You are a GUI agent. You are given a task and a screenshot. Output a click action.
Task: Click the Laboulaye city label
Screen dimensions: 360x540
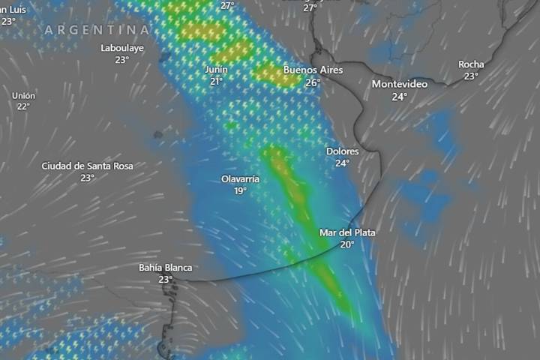[122, 48]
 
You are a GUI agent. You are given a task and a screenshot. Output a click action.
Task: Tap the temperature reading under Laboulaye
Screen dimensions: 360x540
[122, 60]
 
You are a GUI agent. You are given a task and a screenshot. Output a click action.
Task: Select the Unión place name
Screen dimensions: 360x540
[23, 95]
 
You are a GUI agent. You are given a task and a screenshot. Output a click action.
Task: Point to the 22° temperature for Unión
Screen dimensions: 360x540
[23, 106]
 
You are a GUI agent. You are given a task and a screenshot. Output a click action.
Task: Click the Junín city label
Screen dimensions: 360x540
[216, 70]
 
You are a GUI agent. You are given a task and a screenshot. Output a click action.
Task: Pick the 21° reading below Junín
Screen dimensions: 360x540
[216, 82]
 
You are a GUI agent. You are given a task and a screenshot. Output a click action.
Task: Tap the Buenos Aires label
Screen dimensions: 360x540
[313, 70]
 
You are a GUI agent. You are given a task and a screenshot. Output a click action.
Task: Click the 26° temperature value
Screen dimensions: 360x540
[313, 82]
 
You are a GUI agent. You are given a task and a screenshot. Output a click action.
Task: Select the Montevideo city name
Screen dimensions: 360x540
[400, 84]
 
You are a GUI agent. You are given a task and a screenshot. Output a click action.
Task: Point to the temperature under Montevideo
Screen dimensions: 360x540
[400, 96]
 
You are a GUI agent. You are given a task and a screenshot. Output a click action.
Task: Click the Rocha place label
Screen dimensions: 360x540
[471, 64]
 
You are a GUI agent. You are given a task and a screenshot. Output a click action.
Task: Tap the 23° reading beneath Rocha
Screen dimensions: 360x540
[471, 76]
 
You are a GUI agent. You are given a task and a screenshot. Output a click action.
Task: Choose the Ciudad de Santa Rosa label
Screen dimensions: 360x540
[87, 166]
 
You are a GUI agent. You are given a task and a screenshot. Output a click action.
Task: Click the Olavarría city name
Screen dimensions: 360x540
[240, 179]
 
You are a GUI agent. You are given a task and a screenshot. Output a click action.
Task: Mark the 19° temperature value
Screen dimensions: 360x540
[240, 191]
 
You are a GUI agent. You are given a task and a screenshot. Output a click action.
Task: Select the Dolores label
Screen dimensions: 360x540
[343, 151]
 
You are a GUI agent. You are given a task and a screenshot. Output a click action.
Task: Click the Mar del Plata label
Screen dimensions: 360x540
[347, 232]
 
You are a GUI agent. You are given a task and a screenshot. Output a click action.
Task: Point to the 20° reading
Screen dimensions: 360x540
[347, 244]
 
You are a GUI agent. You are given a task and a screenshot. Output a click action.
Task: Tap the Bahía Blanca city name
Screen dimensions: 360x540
[166, 268]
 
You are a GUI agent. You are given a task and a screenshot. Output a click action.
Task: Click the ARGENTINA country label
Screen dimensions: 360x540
[97, 30]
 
